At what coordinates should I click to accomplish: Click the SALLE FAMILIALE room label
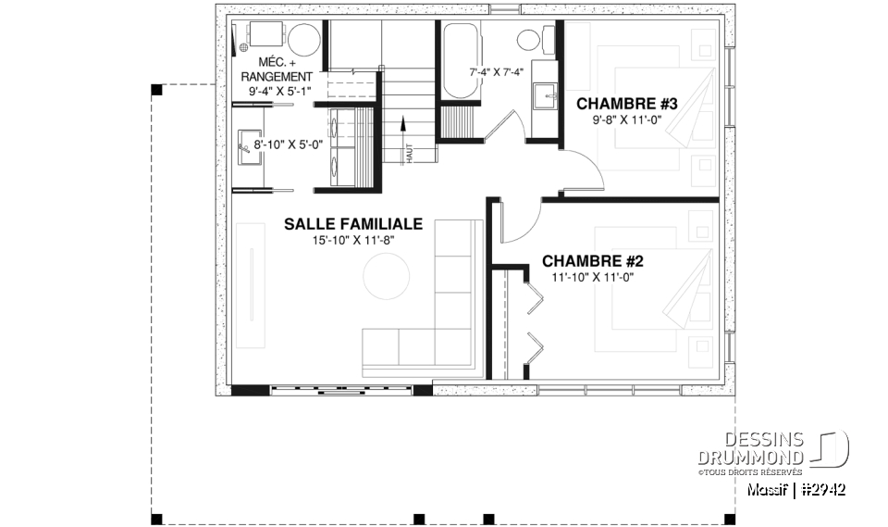[x=353, y=224]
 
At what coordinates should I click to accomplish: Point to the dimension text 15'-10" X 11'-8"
[x=353, y=241]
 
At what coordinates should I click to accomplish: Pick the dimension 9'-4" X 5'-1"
[x=280, y=92]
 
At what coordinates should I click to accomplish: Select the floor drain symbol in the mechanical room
[x=243, y=45]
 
